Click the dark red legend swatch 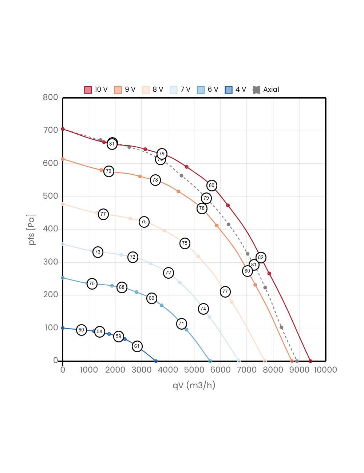pos(88,90)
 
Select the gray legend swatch pos(256,90)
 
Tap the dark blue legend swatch pos(229,90)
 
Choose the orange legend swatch pos(118,90)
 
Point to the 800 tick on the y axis pos(50,97)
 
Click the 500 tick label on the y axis pos(50,196)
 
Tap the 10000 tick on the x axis pos(325,370)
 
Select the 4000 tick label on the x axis pos(168,370)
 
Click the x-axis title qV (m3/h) pos(194,385)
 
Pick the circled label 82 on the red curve pos(261,258)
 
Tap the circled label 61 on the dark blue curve pos(137,346)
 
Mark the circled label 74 pos(203,309)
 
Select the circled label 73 pos(98,252)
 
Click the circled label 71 pos(182,324)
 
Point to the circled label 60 pos(81,330)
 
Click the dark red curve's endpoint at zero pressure pos(310,361)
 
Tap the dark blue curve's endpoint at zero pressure pos(156,361)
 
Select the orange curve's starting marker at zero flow pos(63,159)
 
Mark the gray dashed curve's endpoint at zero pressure pos(297,361)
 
